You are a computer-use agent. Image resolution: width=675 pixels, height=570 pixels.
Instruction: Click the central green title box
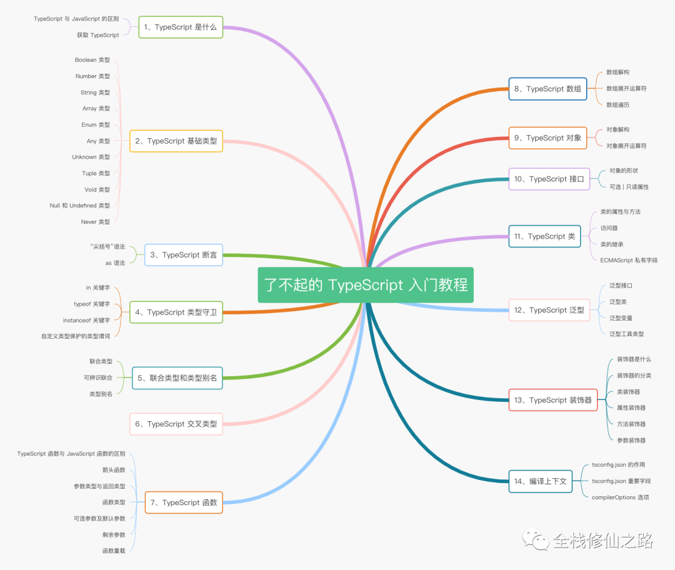(x=366, y=284)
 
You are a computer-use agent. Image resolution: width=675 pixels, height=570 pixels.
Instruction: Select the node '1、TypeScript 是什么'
(x=181, y=27)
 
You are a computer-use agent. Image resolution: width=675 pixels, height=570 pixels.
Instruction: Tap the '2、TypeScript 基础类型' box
(x=176, y=141)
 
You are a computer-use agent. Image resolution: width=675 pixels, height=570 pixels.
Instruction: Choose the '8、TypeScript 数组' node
(x=547, y=89)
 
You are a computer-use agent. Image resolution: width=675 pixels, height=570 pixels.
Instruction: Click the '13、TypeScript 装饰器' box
(x=553, y=400)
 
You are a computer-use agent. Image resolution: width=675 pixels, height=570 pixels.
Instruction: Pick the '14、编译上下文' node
(x=540, y=481)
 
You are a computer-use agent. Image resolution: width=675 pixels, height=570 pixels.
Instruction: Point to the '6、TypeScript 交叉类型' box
(x=176, y=424)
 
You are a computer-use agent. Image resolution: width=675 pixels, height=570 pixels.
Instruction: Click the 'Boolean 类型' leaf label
(x=92, y=60)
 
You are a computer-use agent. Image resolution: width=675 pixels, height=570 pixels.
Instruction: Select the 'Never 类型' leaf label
(x=95, y=222)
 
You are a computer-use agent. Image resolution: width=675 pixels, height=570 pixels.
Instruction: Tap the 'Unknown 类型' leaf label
(x=91, y=157)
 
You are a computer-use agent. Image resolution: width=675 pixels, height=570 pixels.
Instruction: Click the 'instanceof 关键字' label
(x=86, y=320)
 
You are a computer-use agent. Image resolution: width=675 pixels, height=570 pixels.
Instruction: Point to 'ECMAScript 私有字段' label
(x=629, y=260)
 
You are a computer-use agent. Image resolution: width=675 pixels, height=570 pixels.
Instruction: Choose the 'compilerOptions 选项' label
(x=621, y=497)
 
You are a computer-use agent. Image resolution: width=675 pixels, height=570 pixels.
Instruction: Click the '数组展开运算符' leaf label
(x=626, y=88)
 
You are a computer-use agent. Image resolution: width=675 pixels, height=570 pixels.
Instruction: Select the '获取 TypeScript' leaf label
(x=97, y=35)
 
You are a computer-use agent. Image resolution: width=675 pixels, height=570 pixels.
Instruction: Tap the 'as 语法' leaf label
(x=115, y=263)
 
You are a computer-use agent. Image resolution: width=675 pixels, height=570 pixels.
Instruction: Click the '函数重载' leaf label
(x=114, y=551)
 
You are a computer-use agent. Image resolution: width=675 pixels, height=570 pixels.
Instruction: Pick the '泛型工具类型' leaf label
(x=626, y=334)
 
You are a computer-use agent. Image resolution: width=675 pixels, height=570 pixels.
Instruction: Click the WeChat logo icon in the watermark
(x=536, y=539)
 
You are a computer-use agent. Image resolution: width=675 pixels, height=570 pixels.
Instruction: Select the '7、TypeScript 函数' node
(x=184, y=502)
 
